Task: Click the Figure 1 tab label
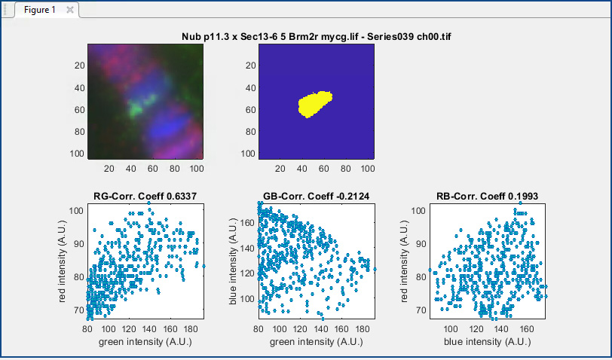(39, 10)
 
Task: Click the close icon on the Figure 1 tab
(70, 10)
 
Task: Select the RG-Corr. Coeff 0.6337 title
(145, 196)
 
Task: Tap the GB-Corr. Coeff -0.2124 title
(316, 196)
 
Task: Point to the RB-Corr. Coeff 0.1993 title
(487, 196)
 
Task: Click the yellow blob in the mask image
(314, 104)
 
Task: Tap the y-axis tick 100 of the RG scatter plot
(76, 211)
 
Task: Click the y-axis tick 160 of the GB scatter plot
(247, 223)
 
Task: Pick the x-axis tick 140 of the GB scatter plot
(321, 329)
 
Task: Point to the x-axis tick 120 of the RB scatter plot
(476, 329)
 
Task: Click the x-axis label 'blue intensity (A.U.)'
(487, 342)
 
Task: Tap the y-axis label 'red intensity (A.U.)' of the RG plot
(62, 261)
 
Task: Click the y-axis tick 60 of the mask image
(250, 110)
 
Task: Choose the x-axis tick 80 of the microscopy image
(174, 169)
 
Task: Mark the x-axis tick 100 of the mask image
(367, 169)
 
